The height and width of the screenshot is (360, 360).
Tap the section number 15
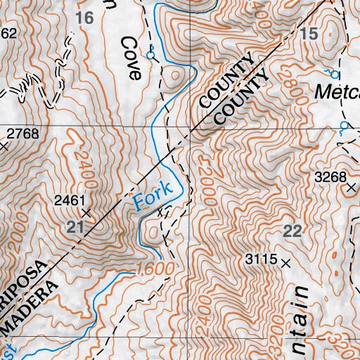point(308,33)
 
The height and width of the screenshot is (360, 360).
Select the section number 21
point(74,226)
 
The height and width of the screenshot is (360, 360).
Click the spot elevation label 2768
point(22,133)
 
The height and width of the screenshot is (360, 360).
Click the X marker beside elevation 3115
point(285,262)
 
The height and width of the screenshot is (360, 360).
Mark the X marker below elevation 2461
point(86,212)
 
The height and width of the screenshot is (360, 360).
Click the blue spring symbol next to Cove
point(150,54)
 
